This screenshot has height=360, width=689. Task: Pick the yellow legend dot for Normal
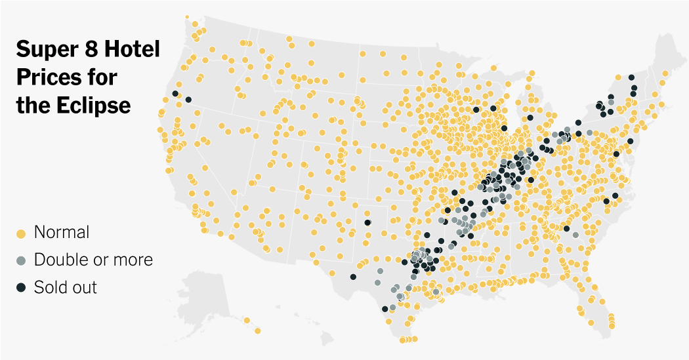[x=20, y=233]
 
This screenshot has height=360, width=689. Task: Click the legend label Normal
[x=62, y=232]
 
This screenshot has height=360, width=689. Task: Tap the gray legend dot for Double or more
[x=20, y=260]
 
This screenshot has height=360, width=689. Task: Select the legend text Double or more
[x=93, y=260]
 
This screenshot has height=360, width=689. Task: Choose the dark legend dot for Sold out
[x=20, y=288]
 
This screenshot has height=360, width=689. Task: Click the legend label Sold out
[x=66, y=287]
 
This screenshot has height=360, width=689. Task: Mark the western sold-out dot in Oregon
[x=175, y=94]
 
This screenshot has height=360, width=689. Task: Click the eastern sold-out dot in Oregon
[x=188, y=100]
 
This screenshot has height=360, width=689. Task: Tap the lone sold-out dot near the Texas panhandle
[x=367, y=222]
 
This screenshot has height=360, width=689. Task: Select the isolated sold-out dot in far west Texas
[x=353, y=277]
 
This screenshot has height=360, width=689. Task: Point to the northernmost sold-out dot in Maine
[x=631, y=77]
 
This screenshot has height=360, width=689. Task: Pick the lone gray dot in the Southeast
[x=575, y=235]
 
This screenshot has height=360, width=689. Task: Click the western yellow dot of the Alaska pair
[x=247, y=320]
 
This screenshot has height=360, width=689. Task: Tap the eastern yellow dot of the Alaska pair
[x=258, y=330]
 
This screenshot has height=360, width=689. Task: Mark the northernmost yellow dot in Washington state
[x=187, y=17]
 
